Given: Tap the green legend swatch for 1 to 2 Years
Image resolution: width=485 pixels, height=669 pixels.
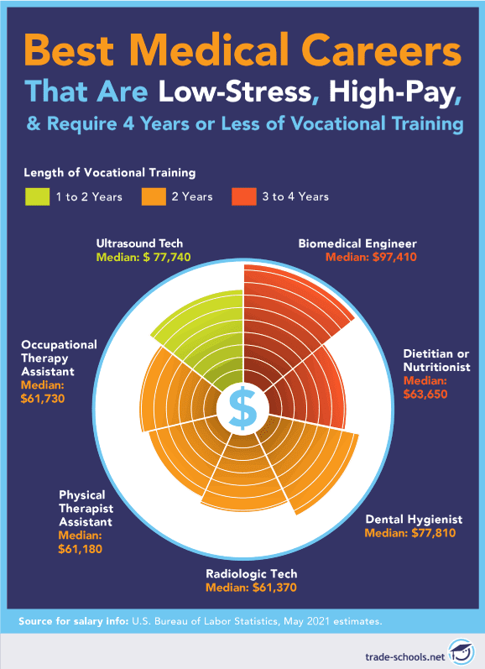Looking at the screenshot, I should pyautogui.click(x=37, y=196).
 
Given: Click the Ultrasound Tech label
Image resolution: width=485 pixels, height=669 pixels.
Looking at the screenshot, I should pyautogui.click(x=138, y=243).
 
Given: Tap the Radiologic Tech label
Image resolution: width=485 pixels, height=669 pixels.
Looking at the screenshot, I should pyautogui.click(x=252, y=574).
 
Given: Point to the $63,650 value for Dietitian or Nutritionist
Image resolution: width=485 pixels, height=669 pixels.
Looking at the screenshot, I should pyautogui.click(x=434, y=395).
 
